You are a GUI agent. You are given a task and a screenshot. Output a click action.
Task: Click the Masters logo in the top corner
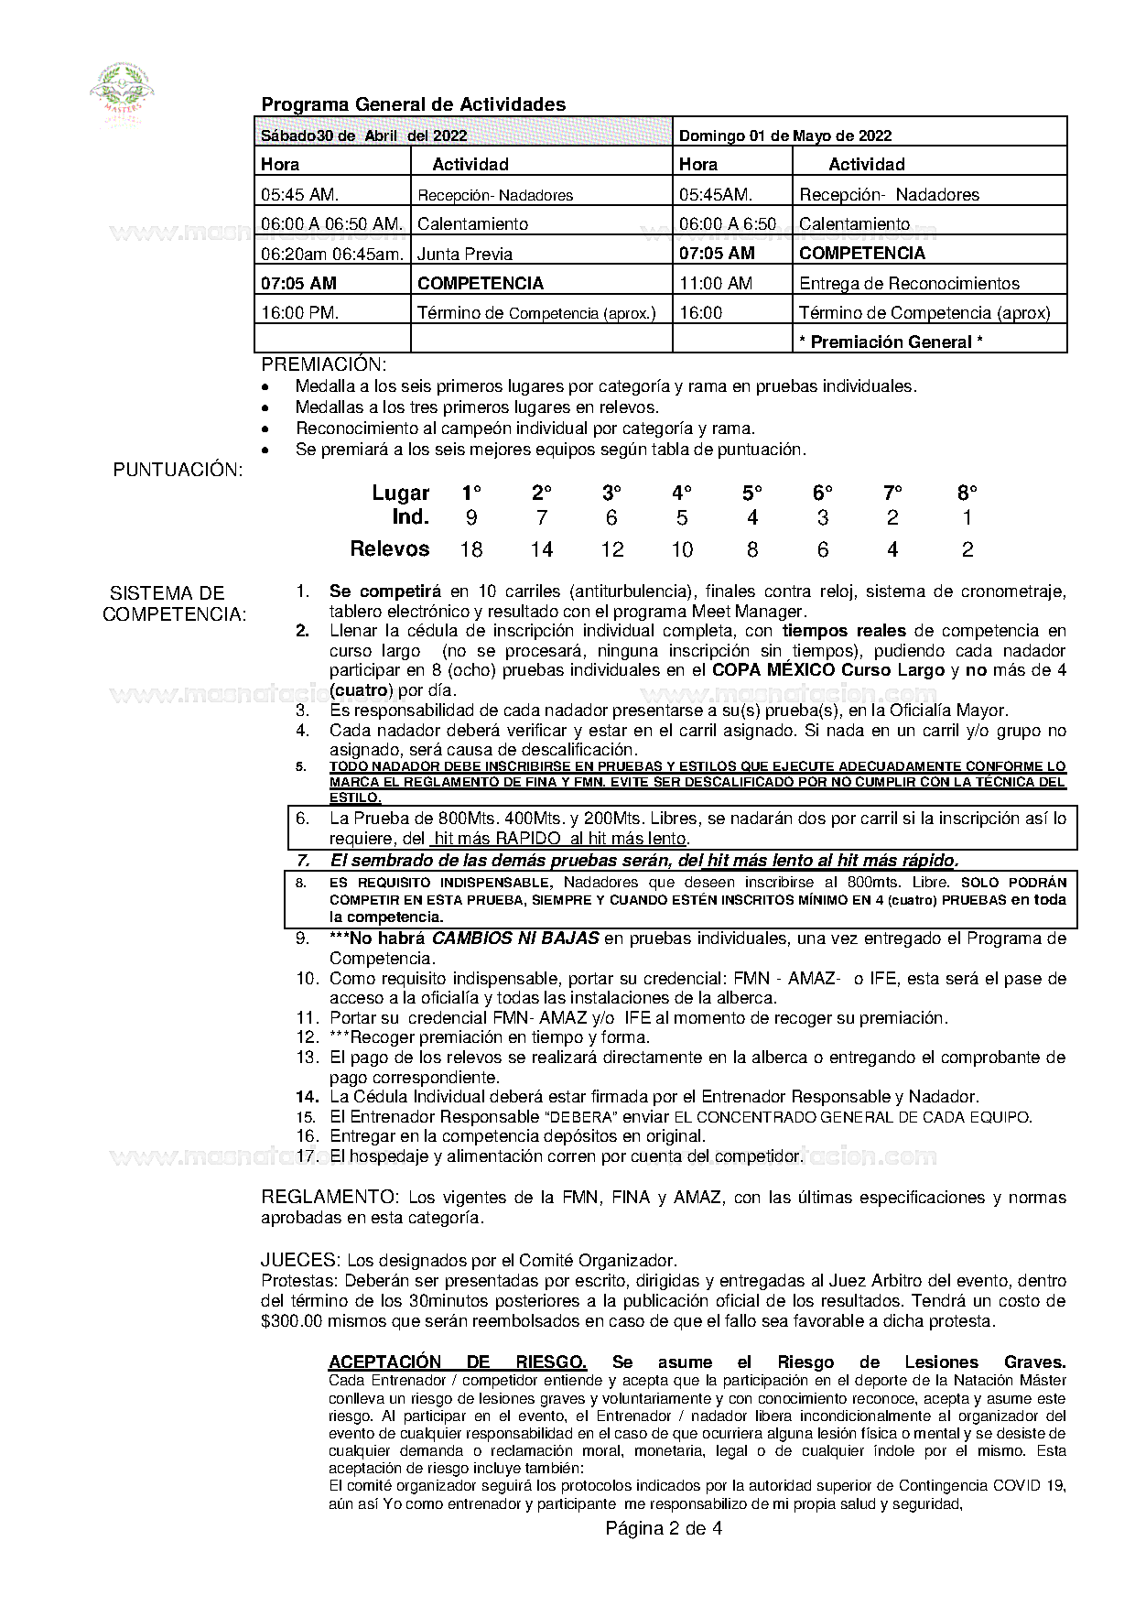(x=122, y=92)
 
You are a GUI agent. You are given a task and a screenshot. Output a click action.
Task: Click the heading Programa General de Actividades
(x=413, y=104)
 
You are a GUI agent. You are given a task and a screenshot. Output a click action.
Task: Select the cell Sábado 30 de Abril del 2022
(x=364, y=136)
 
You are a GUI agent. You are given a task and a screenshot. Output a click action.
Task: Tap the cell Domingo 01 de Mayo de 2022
(x=784, y=136)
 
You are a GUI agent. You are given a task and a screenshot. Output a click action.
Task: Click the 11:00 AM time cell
(x=716, y=283)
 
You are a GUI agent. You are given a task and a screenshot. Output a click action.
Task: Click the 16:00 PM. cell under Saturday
(x=300, y=312)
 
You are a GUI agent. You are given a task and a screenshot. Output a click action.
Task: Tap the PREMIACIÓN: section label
(x=323, y=364)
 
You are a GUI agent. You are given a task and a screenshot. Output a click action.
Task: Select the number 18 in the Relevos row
(x=471, y=549)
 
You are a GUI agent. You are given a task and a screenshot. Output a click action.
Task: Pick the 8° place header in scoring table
(x=967, y=493)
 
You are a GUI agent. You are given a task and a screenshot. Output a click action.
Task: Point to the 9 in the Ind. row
(x=471, y=517)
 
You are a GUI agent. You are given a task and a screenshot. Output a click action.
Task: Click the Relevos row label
(x=390, y=548)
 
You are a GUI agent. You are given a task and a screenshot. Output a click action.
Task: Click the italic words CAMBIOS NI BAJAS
(x=515, y=938)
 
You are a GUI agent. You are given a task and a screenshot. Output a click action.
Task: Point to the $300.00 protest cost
(x=291, y=1321)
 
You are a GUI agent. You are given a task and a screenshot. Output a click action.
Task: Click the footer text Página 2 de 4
(x=663, y=1528)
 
